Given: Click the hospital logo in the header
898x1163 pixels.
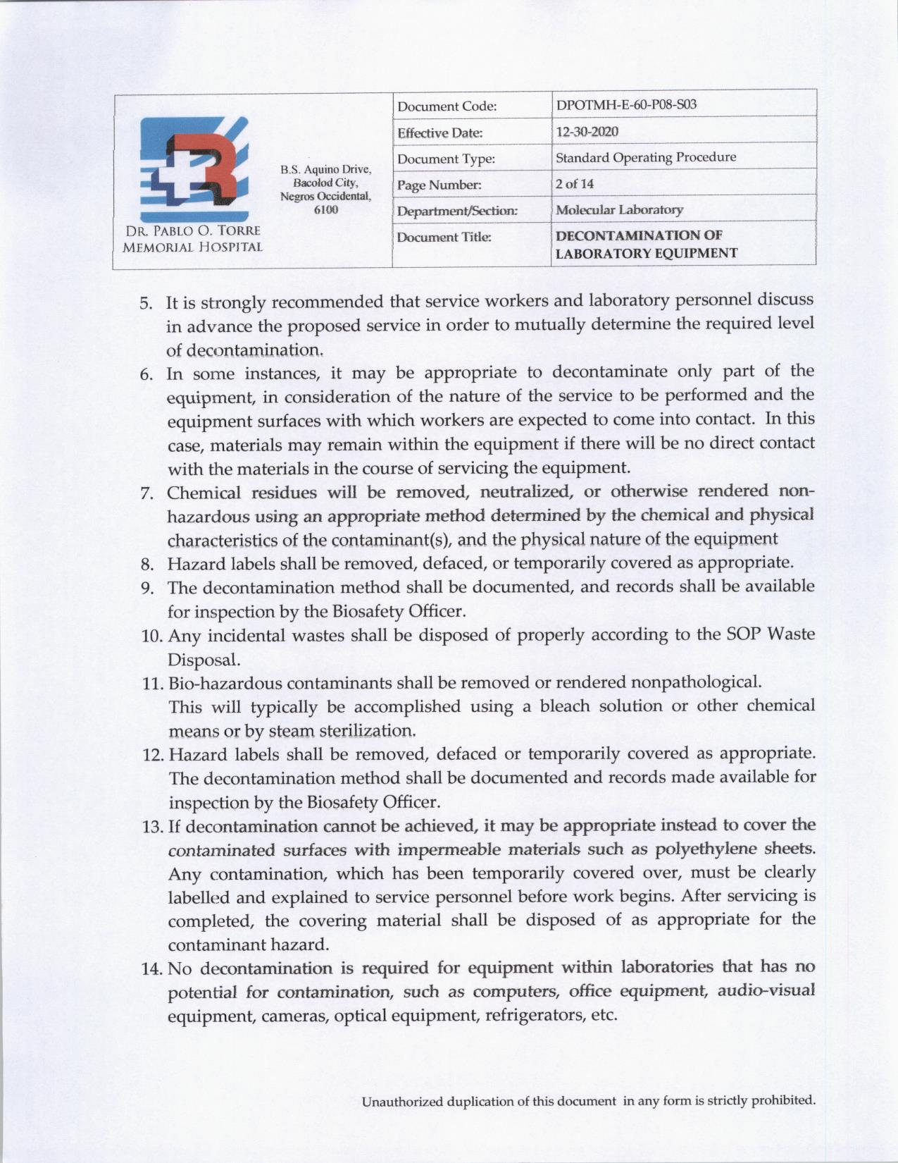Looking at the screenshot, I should (194, 169).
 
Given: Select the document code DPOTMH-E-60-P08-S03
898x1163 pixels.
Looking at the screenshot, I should (626, 106).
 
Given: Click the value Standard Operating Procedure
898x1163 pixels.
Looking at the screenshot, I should (646, 157).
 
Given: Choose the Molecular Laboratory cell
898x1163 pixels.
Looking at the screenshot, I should (619, 210).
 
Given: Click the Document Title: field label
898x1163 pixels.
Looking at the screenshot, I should (444, 237).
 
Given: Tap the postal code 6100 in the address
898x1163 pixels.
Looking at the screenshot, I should (325, 209).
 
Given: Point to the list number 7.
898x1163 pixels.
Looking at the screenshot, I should (146, 493).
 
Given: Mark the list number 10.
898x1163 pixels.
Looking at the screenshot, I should (151, 636).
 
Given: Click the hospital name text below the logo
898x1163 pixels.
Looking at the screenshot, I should (192, 239).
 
